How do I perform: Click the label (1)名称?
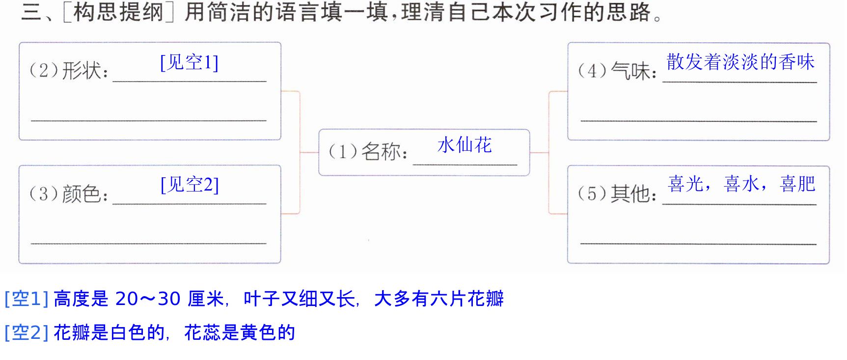point(368,152)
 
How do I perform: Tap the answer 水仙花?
point(464,145)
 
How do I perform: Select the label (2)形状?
point(69,71)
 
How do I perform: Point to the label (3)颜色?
point(69,194)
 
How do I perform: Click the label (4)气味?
point(617,71)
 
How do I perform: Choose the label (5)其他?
point(617,194)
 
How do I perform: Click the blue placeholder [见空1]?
point(190,62)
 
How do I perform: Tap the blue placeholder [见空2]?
point(190,185)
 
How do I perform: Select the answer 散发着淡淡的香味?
point(740,62)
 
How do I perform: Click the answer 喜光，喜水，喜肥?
point(741,184)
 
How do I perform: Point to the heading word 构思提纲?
point(118,12)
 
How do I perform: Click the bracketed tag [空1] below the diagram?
point(27,299)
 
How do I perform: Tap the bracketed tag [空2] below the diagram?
point(27,332)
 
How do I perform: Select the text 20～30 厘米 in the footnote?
point(169,299)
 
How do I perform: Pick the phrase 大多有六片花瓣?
point(439,299)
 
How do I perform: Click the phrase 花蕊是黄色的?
point(240,332)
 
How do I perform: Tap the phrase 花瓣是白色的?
point(109,332)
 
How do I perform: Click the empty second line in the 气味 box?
point(698,121)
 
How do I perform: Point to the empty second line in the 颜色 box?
point(148,243)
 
